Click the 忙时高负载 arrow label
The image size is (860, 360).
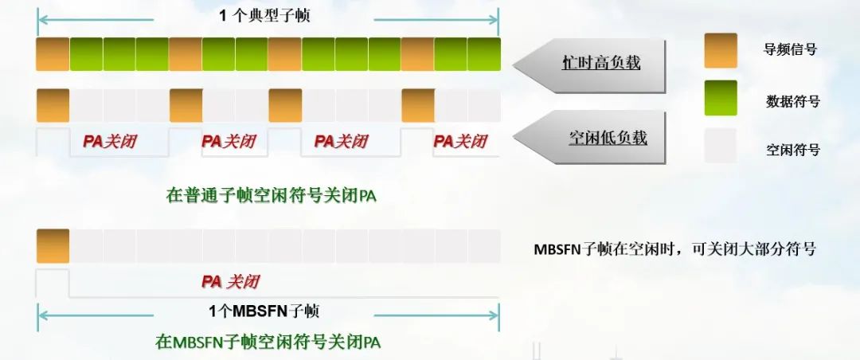click(600, 63)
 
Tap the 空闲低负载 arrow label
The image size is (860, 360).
click(607, 137)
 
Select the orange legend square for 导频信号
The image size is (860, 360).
click(721, 50)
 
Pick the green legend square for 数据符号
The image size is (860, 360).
click(721, 98)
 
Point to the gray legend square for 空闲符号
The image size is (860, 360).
click(721, 146)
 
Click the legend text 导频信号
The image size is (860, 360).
click(790, 49)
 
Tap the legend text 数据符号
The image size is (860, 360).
click(792, 101)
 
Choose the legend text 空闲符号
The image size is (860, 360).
click(792, 149)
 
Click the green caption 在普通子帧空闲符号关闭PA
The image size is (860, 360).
click(271, 195)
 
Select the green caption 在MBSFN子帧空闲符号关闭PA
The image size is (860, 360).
click(268, 342)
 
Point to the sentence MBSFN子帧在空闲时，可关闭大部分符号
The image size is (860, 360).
click(674, 248)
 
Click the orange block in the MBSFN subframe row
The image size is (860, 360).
click(53, 246)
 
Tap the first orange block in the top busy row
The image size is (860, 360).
click(53, 54)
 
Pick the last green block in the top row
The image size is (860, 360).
click(483, 54)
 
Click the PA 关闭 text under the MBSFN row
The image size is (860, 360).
click(230, 281)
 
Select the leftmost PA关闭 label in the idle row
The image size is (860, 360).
click(110, 142)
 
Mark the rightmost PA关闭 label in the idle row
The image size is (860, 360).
click(459, 142)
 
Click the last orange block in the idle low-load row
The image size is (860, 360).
click(417, 105)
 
